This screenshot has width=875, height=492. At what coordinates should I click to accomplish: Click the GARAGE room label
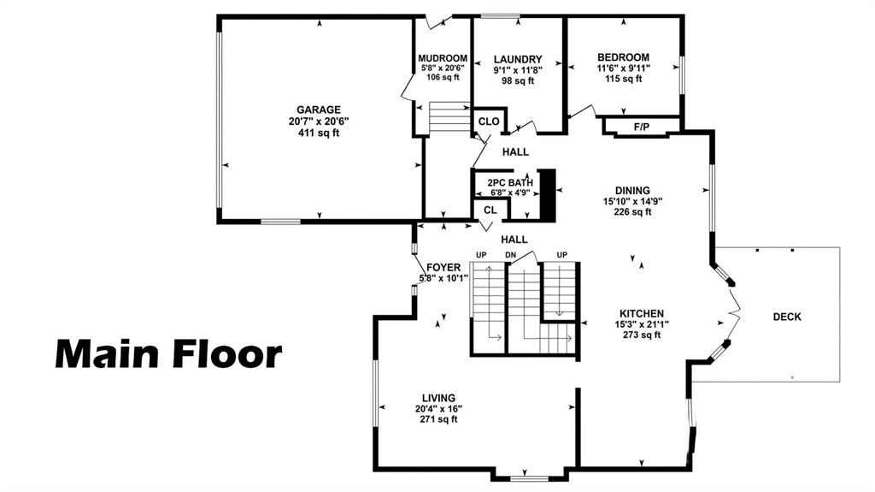tap(319, 110)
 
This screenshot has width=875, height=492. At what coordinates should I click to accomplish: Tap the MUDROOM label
tap(443, 58)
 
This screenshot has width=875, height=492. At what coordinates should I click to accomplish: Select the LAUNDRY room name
tap(518, 59)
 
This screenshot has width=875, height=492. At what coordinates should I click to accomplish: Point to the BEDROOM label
tap(623, 57)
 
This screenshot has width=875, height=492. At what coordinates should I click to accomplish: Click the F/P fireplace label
tap(642, 127)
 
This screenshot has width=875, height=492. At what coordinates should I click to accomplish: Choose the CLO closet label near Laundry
tap(489, 122)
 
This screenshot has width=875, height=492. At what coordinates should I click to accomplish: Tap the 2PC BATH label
tap(510, 183)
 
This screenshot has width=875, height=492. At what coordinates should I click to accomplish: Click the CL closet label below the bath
tap(490, 210)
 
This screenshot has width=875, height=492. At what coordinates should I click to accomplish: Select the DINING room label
tap(632, 191)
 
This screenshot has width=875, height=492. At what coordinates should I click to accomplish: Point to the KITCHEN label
tap(642, 314)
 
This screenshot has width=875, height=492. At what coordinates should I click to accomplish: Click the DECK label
tap(787, 317)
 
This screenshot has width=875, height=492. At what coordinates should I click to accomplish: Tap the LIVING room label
tap(438, 398)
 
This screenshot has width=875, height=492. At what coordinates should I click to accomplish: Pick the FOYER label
tap(443, 268)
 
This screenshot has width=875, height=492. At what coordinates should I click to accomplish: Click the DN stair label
tap(511, 256)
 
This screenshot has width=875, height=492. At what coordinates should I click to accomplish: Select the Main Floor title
tap(168, 355)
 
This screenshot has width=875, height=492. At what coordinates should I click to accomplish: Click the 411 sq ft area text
tap(319, 133)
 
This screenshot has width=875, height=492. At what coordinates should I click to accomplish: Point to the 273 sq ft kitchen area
tap(642, 335)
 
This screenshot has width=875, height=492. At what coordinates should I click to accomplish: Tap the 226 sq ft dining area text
tap(632, 212)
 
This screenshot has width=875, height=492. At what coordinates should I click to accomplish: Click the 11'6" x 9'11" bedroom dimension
tap(623, 68)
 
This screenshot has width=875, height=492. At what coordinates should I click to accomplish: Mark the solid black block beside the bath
tap(549, 196)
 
